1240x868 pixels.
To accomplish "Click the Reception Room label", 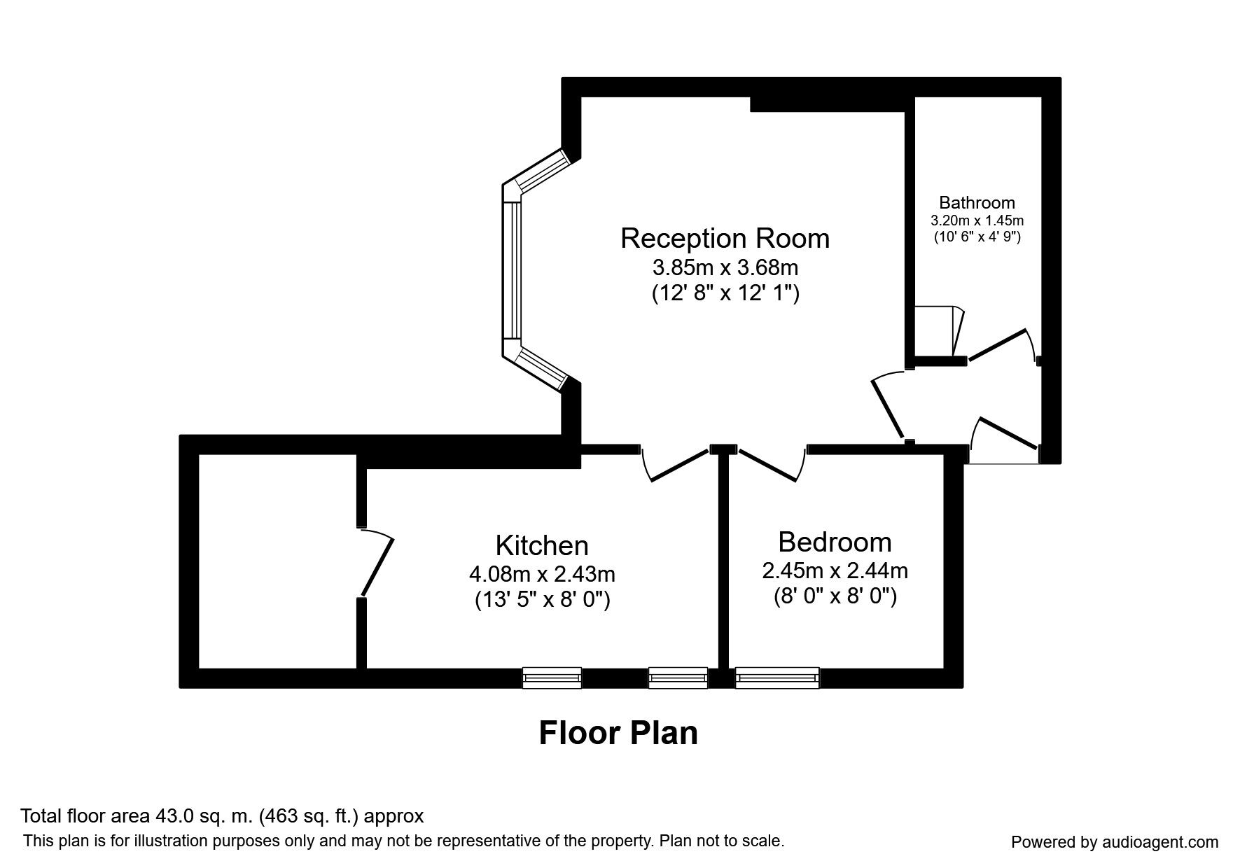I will (x=725, y=239).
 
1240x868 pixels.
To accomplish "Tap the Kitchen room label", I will (x=541, y=546).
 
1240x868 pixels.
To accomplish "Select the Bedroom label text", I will (x=835, y=542).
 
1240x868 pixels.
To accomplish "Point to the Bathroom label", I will (x=977, y=203).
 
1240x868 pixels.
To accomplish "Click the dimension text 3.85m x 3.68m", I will (x=725, y=267).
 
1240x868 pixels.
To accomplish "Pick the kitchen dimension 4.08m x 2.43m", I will (x=542, y=575).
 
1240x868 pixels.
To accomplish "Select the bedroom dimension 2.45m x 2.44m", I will (x=835, y=571).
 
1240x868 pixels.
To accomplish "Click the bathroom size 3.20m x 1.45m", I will (x=977, y=220).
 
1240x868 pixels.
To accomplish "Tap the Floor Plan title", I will (x=618, y=734).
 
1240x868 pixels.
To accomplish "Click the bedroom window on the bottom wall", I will (x=777, y=678).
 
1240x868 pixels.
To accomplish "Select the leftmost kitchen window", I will (x=552, y=678).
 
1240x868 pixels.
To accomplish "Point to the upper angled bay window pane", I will (x=541, y=171).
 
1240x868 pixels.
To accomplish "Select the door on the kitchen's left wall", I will (x=377, y=564).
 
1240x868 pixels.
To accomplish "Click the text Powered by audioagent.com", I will (x=1115, y=842).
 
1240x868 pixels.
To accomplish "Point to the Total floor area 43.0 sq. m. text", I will (x=222, y=816).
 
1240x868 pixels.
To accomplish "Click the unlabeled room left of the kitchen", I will (x=278, y=560).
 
